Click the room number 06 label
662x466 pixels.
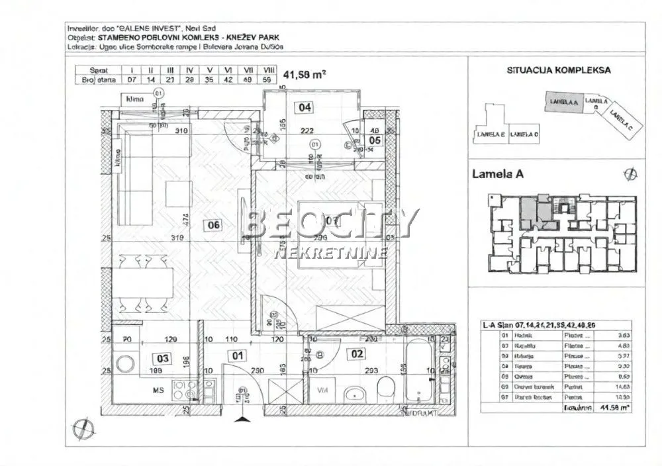213,225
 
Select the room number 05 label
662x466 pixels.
375,140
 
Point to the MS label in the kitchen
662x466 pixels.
140,391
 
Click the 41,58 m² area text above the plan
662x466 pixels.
305,75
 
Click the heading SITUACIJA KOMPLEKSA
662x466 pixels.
558,70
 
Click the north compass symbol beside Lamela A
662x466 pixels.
629,174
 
